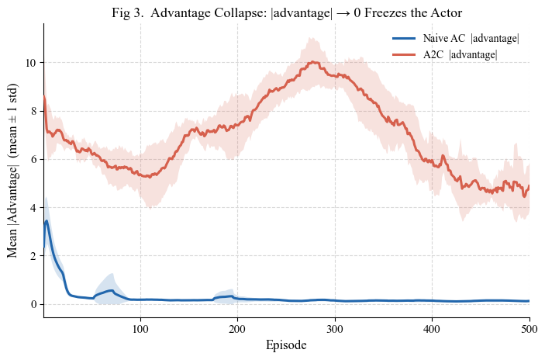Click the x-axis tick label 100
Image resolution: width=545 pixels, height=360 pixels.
coord(140,329)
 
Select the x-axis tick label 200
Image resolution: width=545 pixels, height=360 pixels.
coord(238,329)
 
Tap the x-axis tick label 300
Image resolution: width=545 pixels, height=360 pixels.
coord(335,329)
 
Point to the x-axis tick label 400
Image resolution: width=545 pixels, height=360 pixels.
coord(432,329)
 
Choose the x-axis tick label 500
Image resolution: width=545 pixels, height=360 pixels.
coord(529,329)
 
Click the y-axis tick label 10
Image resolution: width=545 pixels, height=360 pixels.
coord(30,63)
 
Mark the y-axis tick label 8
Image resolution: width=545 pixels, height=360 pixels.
coord(33,111)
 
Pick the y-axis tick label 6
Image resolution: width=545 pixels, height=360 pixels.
coord(33,159)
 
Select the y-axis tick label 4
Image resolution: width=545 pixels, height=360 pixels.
coord(33,208)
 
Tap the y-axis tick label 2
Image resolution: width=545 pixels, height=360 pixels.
coord(33,256)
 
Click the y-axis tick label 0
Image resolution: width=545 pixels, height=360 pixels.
coord(33,304)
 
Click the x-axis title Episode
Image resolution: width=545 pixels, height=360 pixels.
coord(286,345)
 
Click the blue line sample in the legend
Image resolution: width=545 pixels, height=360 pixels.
coord(404,38)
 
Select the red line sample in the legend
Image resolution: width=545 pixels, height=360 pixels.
coord(404,54)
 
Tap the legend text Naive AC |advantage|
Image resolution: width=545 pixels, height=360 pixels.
coord(471,38)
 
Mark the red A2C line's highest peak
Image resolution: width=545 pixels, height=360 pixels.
coord(313,62)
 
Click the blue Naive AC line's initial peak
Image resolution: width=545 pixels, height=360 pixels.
coord(47,220)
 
